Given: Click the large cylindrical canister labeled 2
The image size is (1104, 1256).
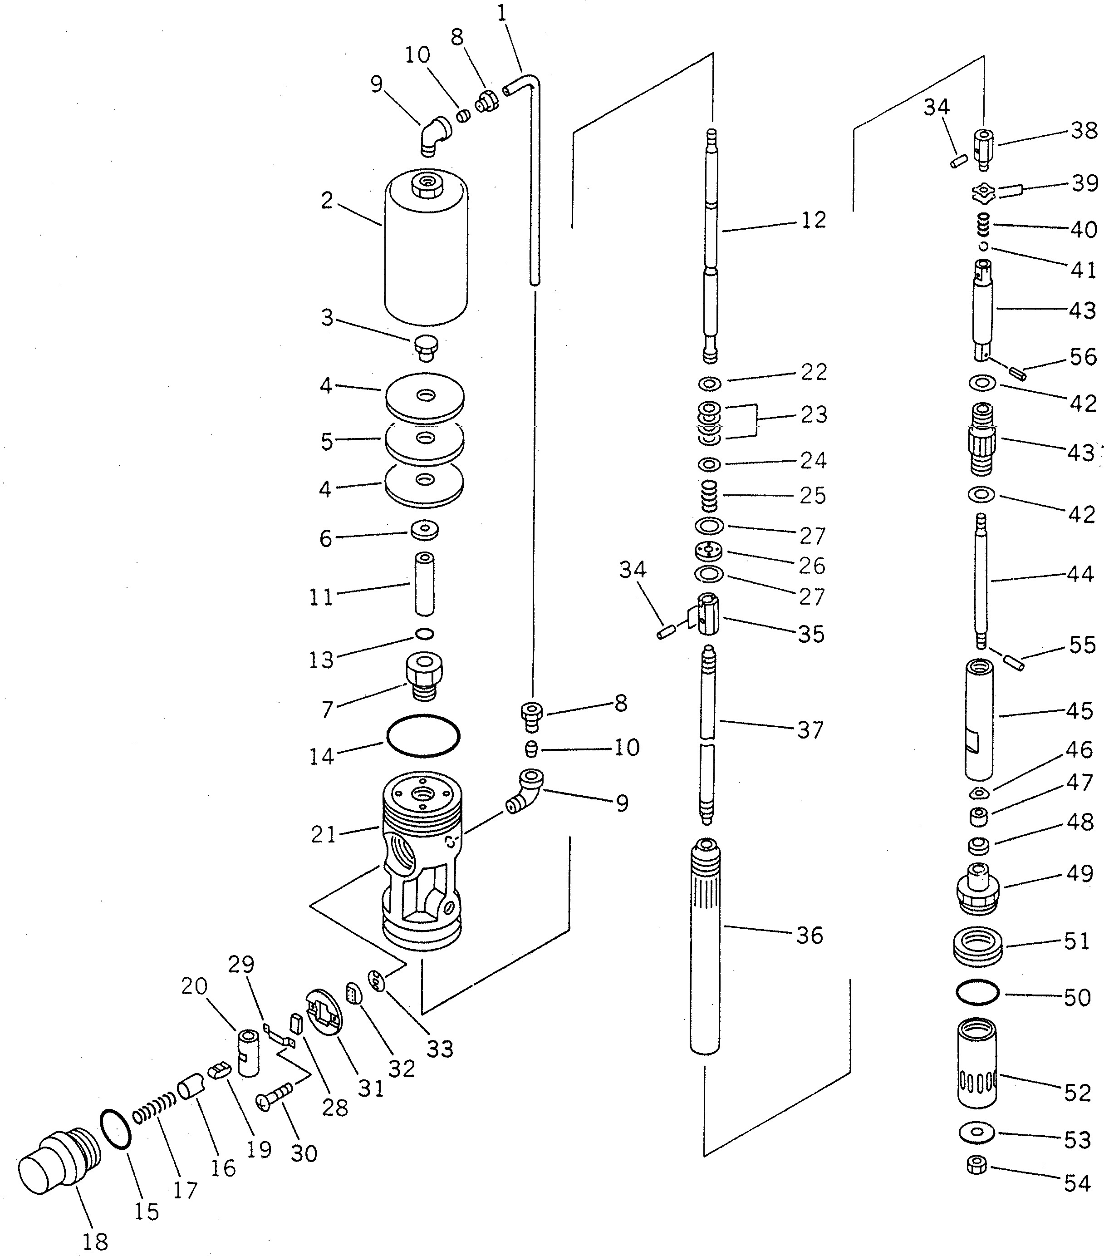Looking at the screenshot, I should [425, 252].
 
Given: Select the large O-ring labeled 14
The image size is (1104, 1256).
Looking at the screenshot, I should [422, 735].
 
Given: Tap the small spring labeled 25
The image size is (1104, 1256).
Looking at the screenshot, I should [710, 495].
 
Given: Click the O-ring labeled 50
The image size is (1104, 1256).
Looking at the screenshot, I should [977, 992].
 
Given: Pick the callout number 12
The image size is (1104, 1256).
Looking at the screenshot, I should [814, 221].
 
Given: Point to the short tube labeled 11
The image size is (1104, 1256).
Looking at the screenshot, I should [424, 584].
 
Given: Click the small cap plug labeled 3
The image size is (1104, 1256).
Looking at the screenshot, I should [425, 347].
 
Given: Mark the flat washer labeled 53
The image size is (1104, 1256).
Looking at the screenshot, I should [977, 1132].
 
